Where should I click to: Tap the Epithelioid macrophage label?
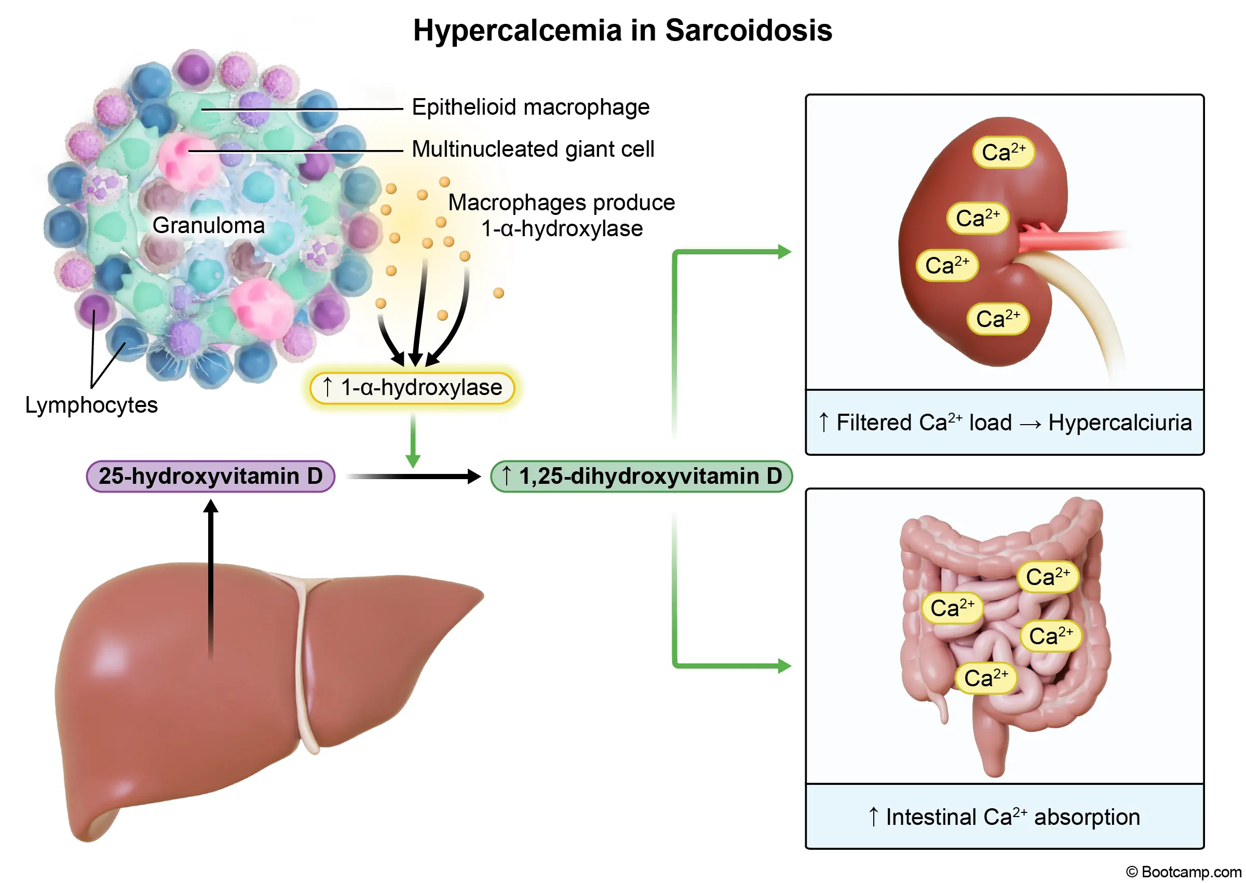[531, 107]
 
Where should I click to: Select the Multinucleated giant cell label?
[533, 149]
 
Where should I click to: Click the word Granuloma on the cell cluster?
[208, 225]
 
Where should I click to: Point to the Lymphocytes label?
[91, 405]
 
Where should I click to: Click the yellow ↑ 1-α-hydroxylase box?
[412, 388]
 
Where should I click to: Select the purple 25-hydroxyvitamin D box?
[210, 477]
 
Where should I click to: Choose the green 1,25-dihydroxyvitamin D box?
[641, 477]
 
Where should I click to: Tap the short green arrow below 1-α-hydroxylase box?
[413, 440]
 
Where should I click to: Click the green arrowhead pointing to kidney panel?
[784, 252]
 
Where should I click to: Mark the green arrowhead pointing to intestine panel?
[784, 665]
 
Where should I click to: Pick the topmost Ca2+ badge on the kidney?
[1003, 152]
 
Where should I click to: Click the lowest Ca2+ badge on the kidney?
[997, 319]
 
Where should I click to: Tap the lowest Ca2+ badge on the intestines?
[985, 678]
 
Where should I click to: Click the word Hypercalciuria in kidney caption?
[1119, 423]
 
